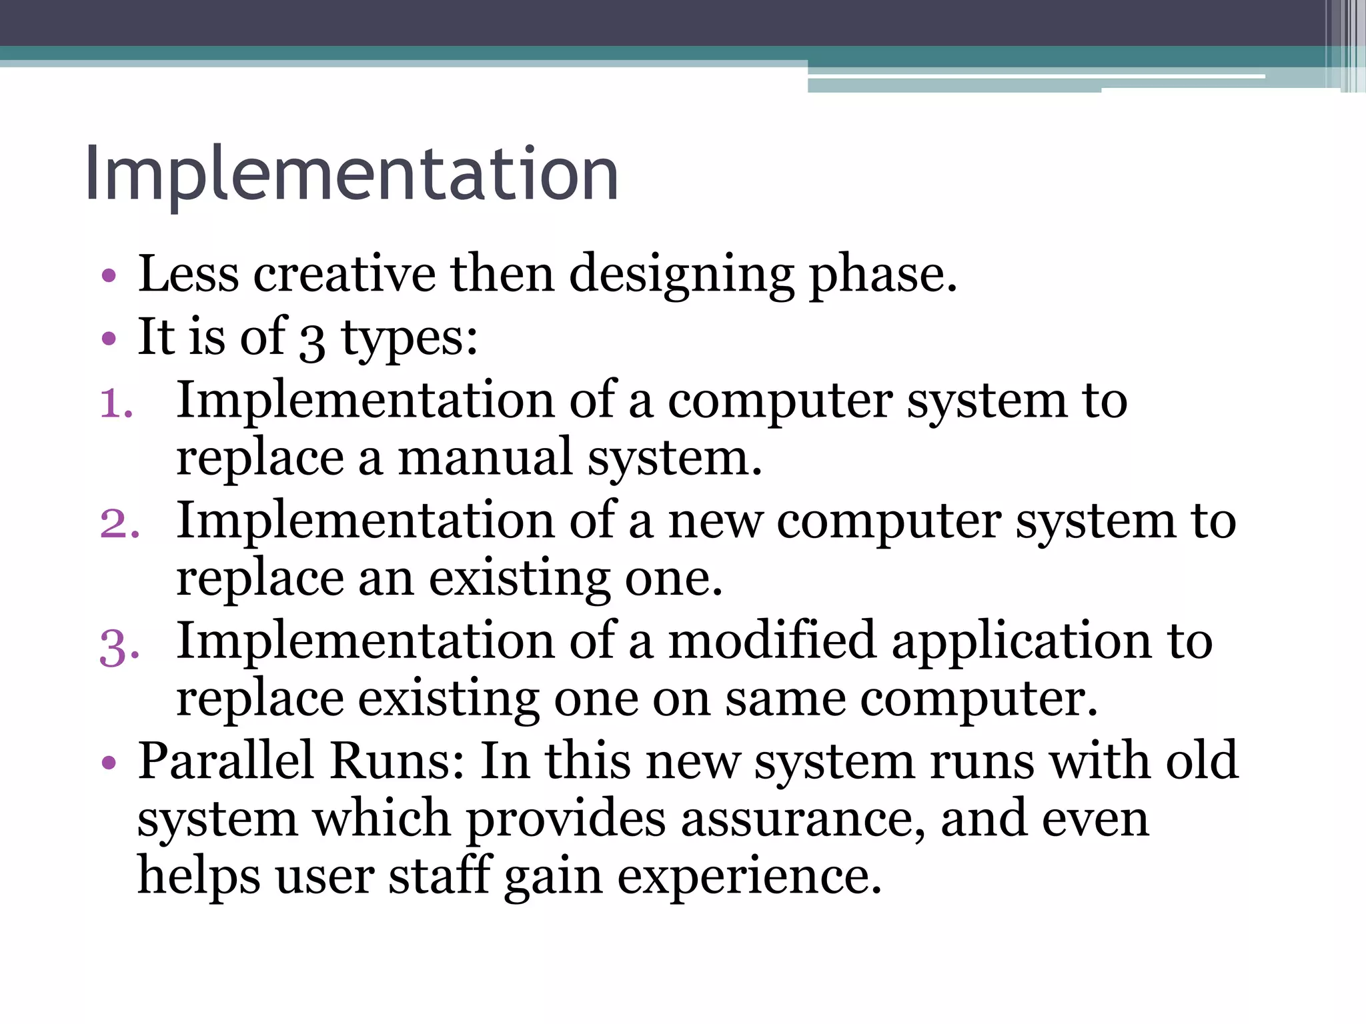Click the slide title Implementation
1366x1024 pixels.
point(352,175)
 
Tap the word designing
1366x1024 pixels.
point(682,274)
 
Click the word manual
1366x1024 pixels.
point(486,458)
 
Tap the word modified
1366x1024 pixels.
point(772,641)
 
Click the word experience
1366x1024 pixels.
point(749,877)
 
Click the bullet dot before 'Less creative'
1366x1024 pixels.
point(109,275)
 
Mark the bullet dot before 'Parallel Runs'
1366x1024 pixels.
point(109,762)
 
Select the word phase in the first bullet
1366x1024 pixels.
point(883,274)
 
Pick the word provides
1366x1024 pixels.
point(566,819)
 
